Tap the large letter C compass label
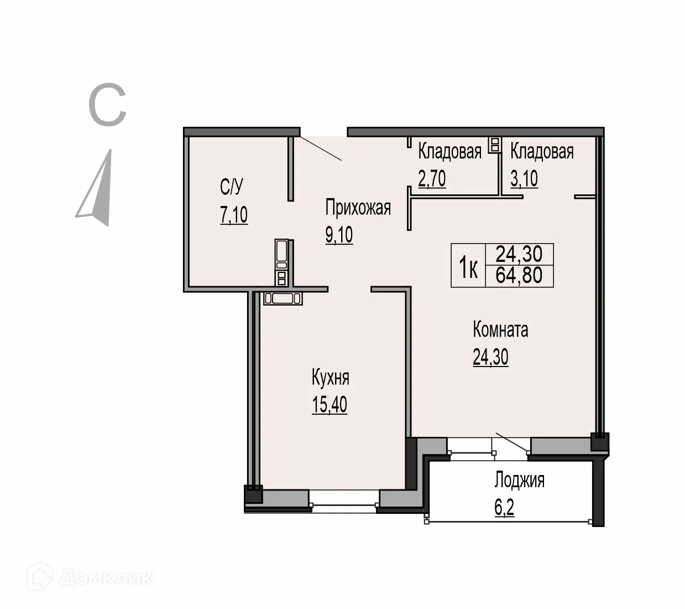tap(107, 105)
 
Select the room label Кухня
tap(330, 378)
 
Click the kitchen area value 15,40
tap(330, 405)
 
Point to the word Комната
tap(500, 330)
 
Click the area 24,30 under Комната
tap(490, 358)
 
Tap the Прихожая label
tap(358, 208)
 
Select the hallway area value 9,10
tap(339, 235)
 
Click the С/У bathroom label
tap(231, 188)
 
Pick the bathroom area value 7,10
tap(234, 215)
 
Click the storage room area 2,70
tap(432, 179)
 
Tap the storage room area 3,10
tap(524, 179)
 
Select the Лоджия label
tap(519, 480)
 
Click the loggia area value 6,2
tap(504, 508)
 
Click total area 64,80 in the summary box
tap(519, 276)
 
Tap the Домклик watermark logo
tap(92, 578)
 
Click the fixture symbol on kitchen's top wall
tap(283, 298)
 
